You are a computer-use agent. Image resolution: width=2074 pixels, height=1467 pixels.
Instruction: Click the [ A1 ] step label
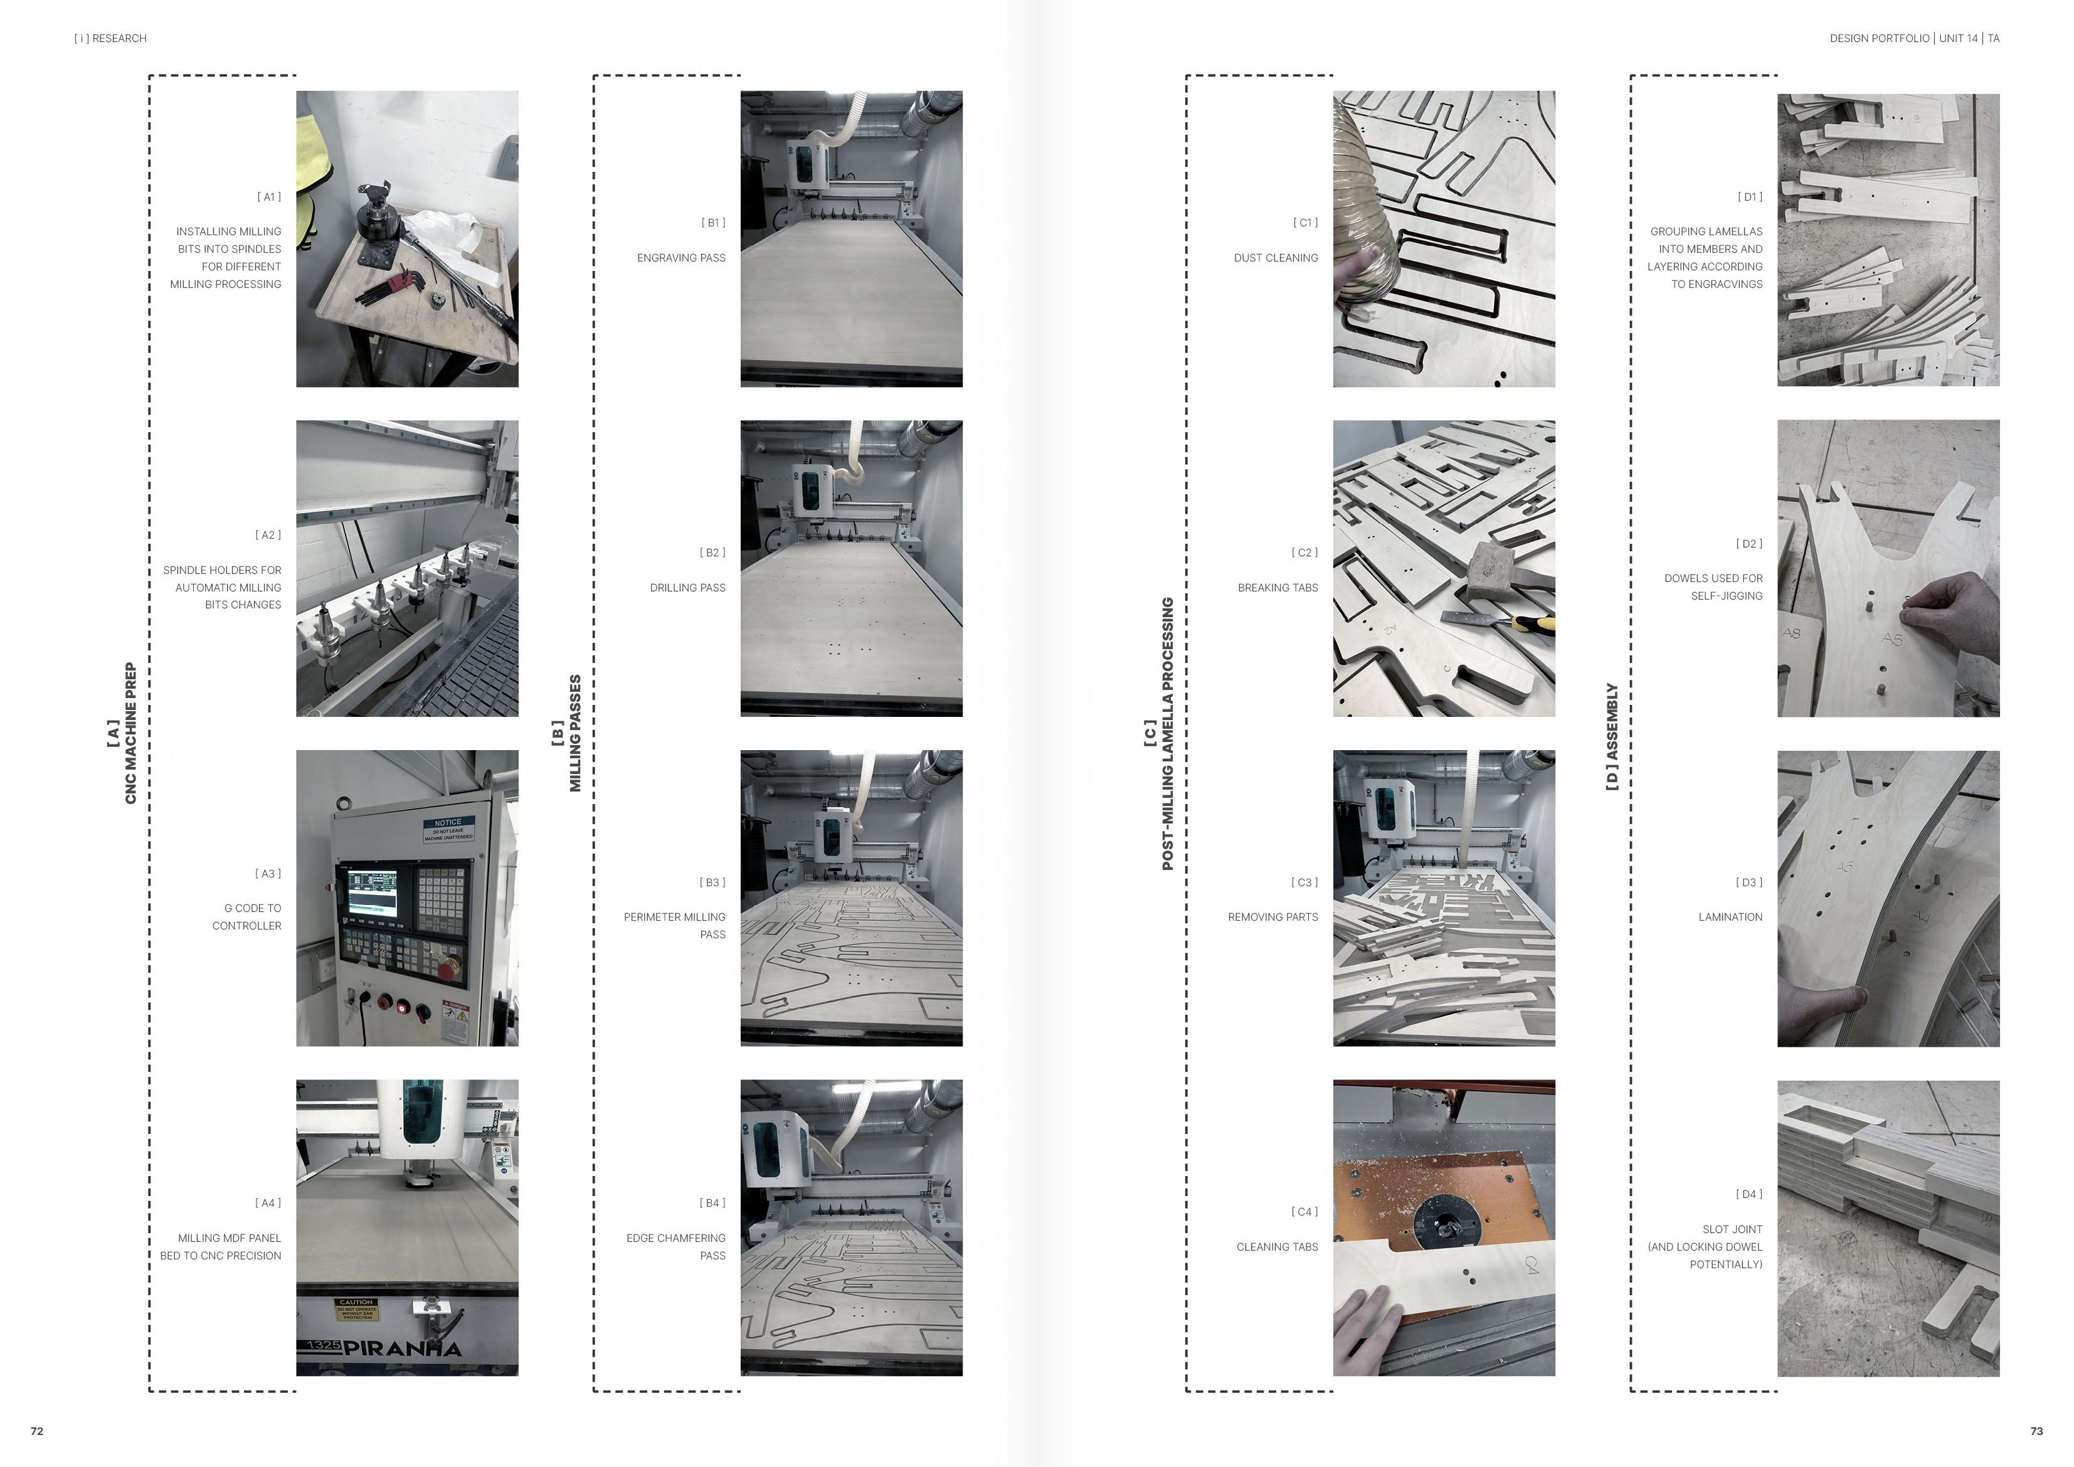268,197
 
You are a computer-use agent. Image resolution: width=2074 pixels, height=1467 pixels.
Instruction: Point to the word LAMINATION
1730,917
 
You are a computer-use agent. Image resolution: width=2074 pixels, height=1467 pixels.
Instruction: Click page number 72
37,1431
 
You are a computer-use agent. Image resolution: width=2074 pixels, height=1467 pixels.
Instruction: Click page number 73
2036,1431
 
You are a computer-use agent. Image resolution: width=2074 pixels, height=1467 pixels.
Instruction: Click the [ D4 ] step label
1749,1194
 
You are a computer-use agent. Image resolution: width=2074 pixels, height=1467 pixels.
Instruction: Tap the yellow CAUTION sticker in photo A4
357,1310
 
